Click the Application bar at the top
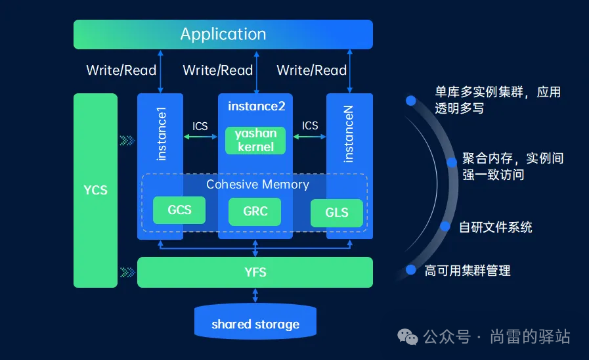223,34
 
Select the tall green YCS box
95,191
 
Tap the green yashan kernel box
255,141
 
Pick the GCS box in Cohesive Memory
179,210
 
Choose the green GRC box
255,212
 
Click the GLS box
337,213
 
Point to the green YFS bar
255,273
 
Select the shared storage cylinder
255,322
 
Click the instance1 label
161,134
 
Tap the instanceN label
349,134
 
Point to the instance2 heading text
257,106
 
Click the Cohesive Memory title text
257,185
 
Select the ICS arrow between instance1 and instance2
200,137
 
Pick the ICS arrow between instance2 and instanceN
309,137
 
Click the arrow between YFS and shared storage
255,296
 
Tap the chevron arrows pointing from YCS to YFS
127,273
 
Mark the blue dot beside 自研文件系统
445,226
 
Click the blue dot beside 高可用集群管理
411,270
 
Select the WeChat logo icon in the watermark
408,337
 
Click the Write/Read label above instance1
121,70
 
